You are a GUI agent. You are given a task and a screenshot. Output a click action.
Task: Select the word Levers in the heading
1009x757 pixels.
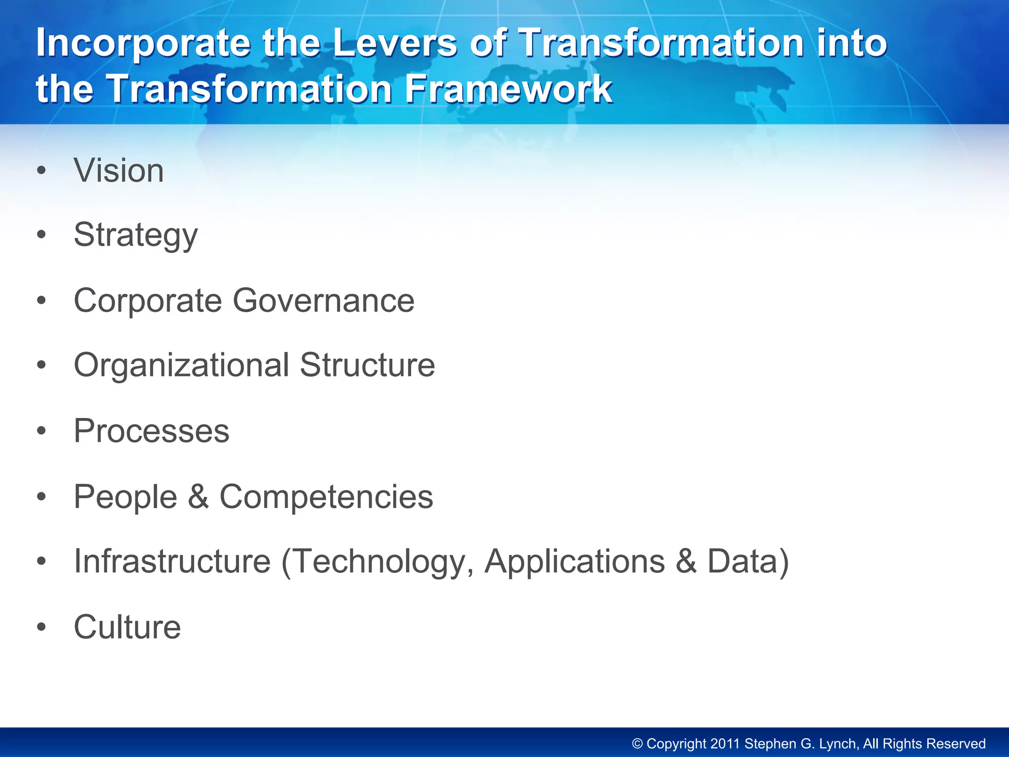coord(395,43)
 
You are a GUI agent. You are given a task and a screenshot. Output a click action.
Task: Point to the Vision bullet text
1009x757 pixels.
coord(118,171)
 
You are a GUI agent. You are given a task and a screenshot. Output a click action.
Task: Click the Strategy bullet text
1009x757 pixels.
coord(135,236)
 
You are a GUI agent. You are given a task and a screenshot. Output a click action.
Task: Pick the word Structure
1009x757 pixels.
coord(367,366)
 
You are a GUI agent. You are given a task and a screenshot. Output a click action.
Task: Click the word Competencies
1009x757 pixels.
coord(326,497)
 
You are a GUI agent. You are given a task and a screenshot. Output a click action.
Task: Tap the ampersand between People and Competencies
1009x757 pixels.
coord(198,497)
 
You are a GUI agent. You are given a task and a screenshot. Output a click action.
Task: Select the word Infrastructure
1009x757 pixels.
coord(172,562)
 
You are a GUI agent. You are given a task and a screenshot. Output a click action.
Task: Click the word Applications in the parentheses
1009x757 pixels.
coord(574,562)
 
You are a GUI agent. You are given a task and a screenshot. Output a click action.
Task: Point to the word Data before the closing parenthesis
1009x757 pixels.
coord(742,562)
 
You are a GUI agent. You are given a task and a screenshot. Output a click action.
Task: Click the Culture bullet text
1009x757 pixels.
coord(127,627)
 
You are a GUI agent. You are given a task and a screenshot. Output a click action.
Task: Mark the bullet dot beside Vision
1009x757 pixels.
coord(41,171)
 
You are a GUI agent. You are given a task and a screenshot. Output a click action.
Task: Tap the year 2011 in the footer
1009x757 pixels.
coord(724,744)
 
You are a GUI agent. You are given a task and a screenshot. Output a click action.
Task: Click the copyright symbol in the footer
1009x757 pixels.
coord(637,744)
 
